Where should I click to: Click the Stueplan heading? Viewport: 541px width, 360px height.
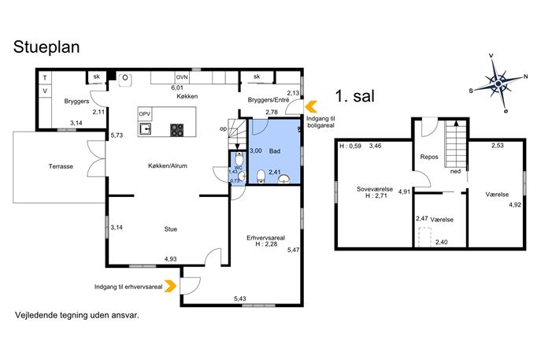pos(46,47)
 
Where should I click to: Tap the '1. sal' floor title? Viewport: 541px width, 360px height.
pos(354,95)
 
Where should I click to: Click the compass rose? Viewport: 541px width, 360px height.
pos(498,84)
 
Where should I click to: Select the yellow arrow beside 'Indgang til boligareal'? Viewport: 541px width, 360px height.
pos(312,106)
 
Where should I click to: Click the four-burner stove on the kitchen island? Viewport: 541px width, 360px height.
pos(177,130)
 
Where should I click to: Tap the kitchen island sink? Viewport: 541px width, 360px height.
pos(145,129)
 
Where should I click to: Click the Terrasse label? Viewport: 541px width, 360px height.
pos(61,166)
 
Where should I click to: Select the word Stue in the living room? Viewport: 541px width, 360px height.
pos(170,229)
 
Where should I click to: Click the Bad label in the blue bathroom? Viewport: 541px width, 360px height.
pos(275,150)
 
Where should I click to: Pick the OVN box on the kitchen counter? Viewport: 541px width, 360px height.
pos(182,77)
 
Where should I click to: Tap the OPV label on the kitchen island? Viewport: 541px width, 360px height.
pos(145,113)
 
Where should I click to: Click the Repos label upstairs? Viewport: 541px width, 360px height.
pos(429,157)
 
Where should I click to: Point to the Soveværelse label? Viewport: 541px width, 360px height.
pos(375,189)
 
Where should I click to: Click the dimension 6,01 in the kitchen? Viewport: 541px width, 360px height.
pos(177,88)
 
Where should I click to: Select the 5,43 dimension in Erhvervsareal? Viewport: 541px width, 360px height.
pos(240,299)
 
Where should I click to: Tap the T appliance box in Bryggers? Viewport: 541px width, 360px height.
pos(45,78)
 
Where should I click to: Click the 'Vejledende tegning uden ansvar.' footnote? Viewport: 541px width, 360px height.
pos(77,315)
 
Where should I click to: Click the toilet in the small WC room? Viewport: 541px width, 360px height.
pos(239,159)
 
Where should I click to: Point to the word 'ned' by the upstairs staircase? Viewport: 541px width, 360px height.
pos(455,171)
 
